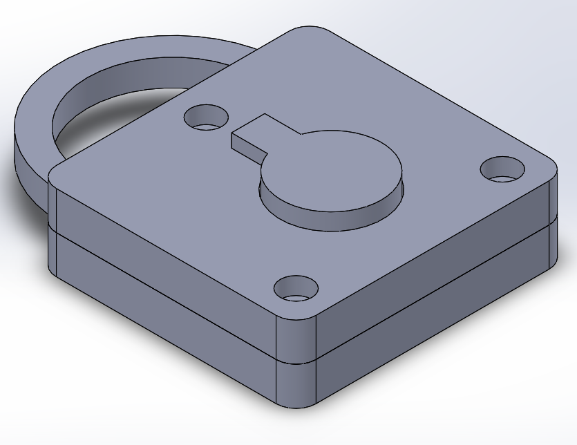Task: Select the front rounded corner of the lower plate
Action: [296, 384]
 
